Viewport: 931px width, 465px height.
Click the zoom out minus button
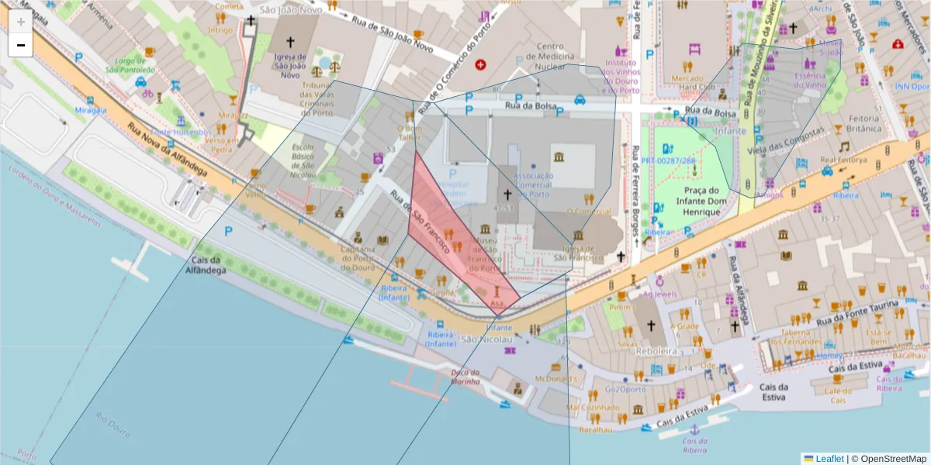pyautogui.click(x=21, y=45)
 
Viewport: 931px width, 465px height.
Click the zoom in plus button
pyautogui.click(x=21, y=22)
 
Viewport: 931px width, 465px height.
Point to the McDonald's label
pyautogui.click(x=556, y=379)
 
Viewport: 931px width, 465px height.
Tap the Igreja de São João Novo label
pyautogui.click(x=291, y=66)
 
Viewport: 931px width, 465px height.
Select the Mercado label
pyautogui.click(x=687, y=77)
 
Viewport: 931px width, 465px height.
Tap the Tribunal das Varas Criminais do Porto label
pyautogui.click(x=317, y=99)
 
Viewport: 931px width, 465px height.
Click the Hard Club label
pyautogui.click(x=696, y=87)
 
